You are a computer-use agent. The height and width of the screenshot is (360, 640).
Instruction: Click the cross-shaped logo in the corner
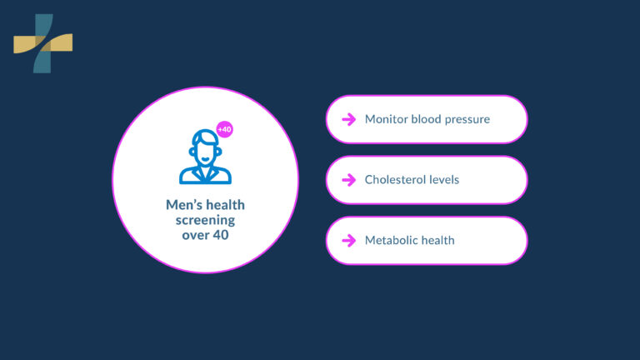42,42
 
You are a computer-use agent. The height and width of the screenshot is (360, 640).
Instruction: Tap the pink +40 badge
224,130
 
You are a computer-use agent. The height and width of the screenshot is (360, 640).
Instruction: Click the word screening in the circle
205,220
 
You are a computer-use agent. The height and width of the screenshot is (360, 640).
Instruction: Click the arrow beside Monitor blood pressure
348,119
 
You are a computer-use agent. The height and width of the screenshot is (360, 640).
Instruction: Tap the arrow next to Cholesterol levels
348,180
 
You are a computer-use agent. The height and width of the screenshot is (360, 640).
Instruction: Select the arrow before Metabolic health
348,241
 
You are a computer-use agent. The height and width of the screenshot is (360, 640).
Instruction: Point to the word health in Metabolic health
438,241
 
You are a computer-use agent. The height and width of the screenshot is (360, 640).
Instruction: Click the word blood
426,119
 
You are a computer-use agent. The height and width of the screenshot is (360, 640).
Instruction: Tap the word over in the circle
194,235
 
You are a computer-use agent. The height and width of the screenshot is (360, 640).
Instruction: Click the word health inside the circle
226,205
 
